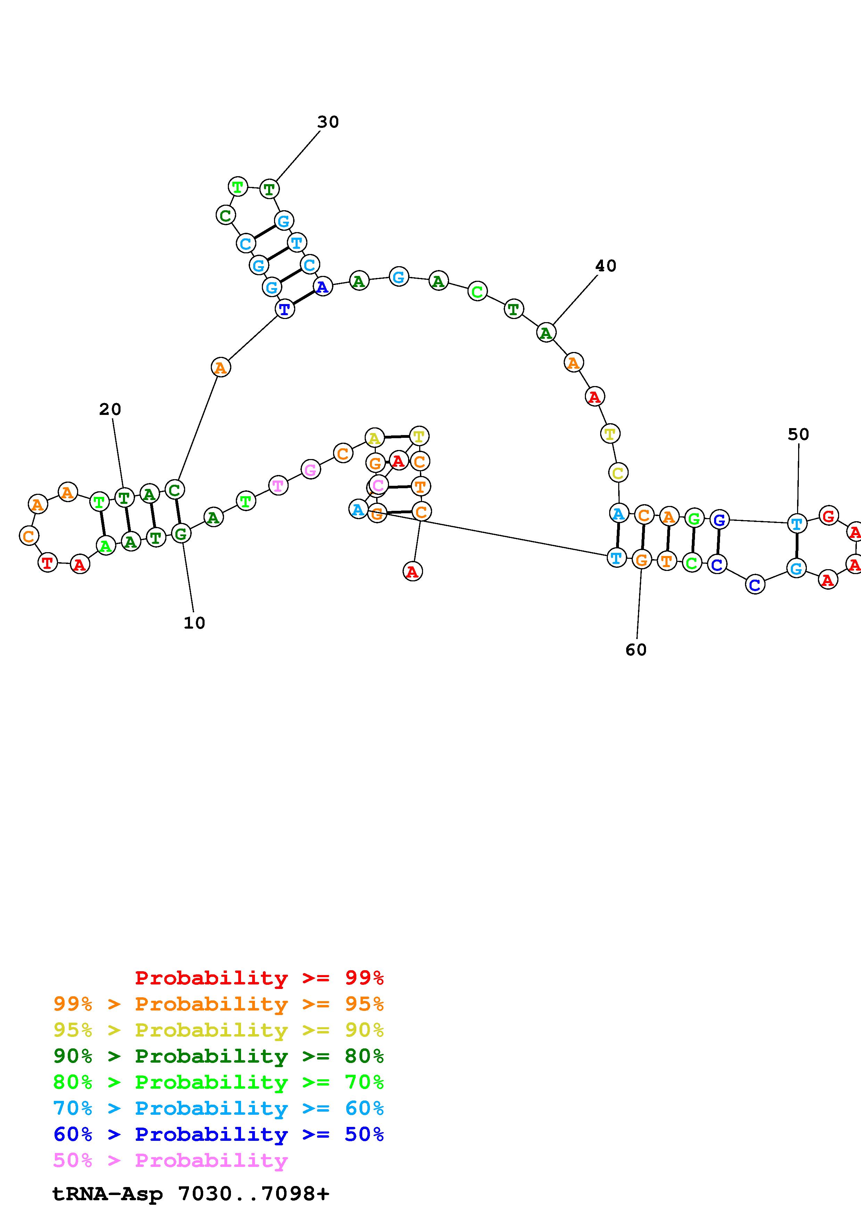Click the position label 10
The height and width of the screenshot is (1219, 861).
coord(194,623)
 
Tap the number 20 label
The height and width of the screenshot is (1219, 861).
coord(110,409)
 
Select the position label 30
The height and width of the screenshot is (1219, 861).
coord(328,122)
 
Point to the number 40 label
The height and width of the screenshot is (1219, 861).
coord(606,266)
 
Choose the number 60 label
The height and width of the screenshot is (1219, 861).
coord(636,650)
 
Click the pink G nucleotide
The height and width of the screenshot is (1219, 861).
coord(311,469)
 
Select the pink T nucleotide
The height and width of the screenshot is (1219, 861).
coord(278,485)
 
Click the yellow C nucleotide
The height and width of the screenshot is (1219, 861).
coord(618,473)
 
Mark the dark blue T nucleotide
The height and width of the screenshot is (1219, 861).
coord(285,309)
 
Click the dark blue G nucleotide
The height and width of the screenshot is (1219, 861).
coord(719,520)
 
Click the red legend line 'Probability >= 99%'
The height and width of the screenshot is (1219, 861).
coord(259,978)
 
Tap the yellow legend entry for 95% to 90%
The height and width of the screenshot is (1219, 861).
coord(218,1030)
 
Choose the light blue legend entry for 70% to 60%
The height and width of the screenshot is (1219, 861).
coord(218,1108)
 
